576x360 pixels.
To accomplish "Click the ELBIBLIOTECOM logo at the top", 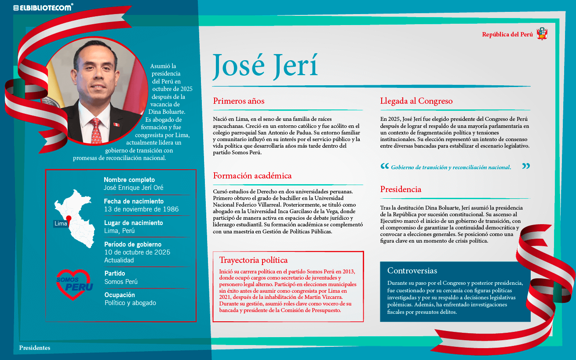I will [x=43, y=7].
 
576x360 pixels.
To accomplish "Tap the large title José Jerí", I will [x=265, y=66].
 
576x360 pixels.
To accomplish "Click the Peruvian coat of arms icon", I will [x=542, y=34].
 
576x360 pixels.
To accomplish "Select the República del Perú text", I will [x=507, y=34].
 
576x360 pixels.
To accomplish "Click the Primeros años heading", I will [x=239, y=101].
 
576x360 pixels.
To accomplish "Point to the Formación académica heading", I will [x=252, y=176].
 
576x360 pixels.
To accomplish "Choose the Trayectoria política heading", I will [x=253, y=260].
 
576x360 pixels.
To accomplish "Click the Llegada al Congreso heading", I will [x=416, y=101].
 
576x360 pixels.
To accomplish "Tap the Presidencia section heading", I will [x=401, y=189].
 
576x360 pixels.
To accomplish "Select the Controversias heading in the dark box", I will [x=412, y=271].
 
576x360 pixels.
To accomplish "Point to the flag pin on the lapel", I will [x=116, y=124].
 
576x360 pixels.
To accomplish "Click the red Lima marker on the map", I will [x=69, y=218].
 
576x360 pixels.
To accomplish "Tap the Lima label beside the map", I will [x=61, y=224].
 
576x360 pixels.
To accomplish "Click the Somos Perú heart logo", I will [x=74, y=284].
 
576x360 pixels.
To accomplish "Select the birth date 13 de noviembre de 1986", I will [x=141, y=209].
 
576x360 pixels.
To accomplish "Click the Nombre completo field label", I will [x=129, y=180].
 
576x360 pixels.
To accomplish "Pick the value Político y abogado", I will [x=130, y=303].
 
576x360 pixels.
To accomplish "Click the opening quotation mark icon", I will [x=384, y=167].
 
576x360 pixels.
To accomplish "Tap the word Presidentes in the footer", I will [x=35, y=348].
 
